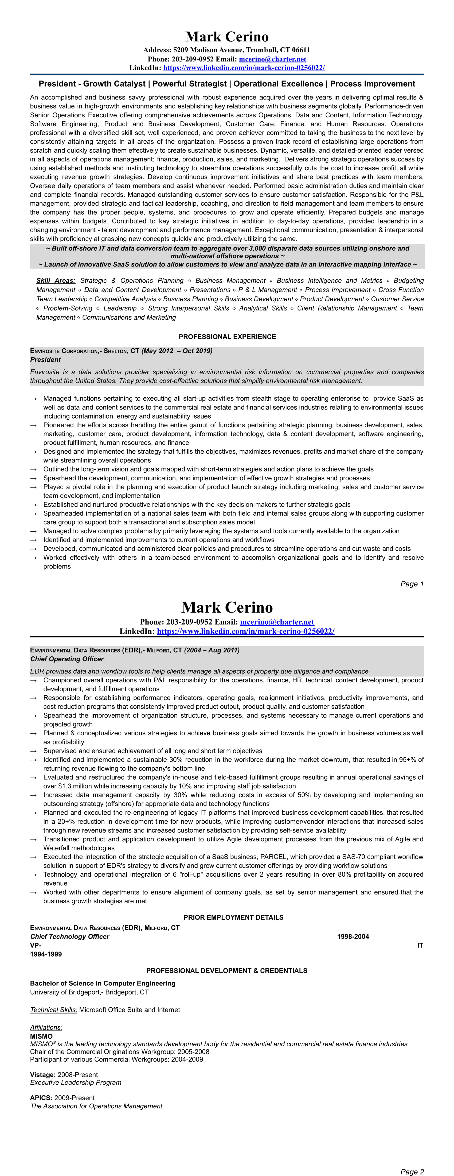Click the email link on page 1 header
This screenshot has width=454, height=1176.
[x=272, y=59]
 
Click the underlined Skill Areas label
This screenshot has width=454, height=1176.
[x=56, y=280]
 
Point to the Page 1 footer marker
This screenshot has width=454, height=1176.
[x=412, y=583]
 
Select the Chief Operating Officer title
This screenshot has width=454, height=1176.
[x=66, y=659]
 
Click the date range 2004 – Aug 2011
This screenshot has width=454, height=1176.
[x=212, y=650]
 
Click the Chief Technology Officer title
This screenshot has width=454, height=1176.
[x=69, y=936]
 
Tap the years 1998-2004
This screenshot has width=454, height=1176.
[x=353, y=936]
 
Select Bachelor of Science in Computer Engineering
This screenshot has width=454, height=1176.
[x=103, y=983]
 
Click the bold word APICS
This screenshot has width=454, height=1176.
[x=41, y=1097]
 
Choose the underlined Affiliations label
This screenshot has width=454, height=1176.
[x=46, y=1027]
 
